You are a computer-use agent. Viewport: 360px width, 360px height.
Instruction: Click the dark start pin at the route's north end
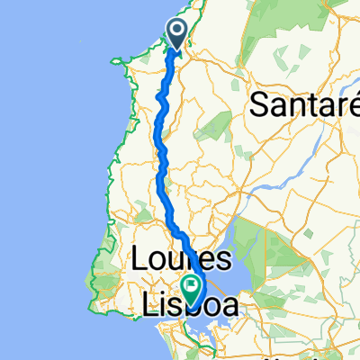(177, 34)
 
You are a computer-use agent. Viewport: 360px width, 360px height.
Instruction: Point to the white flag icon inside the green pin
(192, 284)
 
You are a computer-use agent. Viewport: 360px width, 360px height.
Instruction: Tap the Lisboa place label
(192, 306)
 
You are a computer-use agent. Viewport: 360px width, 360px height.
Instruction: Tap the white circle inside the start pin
(177, 31)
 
